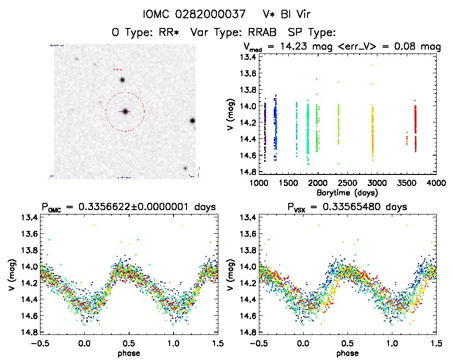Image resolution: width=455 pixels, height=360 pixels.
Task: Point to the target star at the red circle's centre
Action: pos(125,111)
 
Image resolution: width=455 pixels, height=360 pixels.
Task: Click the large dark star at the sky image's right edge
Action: pos(192,120)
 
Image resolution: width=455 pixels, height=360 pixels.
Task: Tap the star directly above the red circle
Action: pos(122,80)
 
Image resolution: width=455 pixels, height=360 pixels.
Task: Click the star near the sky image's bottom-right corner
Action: pos(185,168)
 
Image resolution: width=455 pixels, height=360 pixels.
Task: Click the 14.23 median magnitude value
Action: pos(291,47)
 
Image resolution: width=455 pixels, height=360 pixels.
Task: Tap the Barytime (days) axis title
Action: pos(347,192)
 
